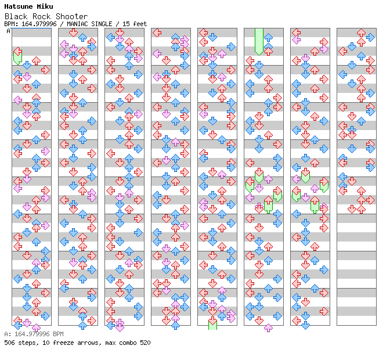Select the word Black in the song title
16,16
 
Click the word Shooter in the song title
72,16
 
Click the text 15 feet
133,24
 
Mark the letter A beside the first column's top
9,31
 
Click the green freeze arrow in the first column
17,56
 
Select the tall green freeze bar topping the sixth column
259,41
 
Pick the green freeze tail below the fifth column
212,323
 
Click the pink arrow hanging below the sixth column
268,327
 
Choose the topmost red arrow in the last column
361,33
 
